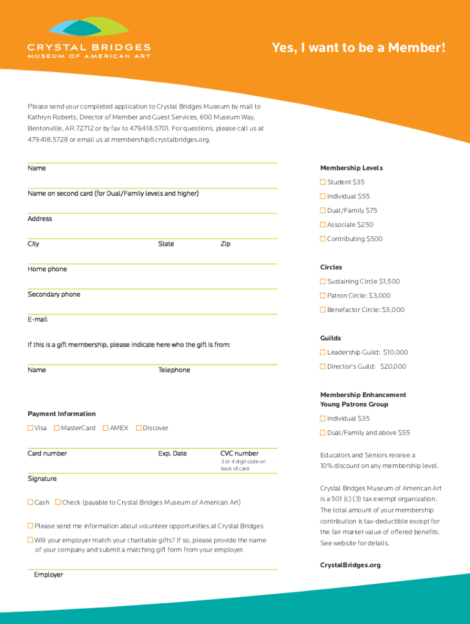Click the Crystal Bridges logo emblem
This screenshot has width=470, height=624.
(x=89, y=27)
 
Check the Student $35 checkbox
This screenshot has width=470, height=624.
(x=323, y=182)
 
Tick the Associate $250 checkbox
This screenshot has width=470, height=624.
(x=323, y=225)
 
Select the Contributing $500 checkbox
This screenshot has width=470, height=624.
(x=323, y=239)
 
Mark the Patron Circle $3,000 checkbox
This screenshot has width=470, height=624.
(x=323, y=296)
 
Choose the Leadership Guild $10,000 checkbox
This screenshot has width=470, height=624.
(x=323, y=352)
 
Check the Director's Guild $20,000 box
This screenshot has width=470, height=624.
(x=323, y=366)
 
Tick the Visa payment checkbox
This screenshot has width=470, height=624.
(x=31, y=428)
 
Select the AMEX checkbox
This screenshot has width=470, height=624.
(x=106, y=428)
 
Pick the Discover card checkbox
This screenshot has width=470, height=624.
(x=139, y=428)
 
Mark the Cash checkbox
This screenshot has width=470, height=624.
(x=31, y=502)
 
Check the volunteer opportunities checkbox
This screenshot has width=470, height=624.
(x=31, y=526)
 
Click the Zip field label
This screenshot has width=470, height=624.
(x=225, y=244)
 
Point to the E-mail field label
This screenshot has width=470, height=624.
(x=37, y=319)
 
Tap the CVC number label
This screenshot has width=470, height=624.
(x=239, y=453)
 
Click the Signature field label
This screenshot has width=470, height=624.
(x=42, y=479)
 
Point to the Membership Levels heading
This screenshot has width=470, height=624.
(x=351, y=168)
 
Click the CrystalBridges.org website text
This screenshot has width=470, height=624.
(x=350, y=565)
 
